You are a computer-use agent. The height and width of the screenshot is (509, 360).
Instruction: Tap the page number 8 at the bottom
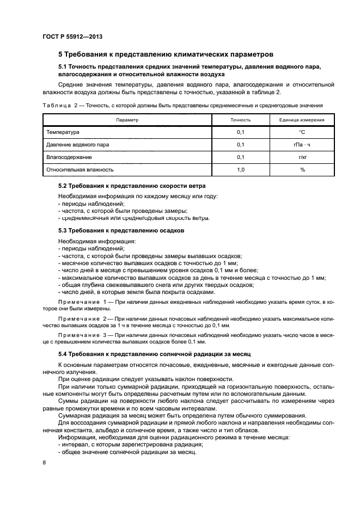point(44,462)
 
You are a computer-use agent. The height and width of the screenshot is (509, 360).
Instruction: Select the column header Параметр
point(127,119)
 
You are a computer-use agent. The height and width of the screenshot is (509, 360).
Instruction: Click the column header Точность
point(240,119)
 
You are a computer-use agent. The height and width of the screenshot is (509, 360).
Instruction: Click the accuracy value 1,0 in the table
point(240,170)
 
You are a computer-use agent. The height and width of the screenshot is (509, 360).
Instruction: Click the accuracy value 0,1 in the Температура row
point(240,132)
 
